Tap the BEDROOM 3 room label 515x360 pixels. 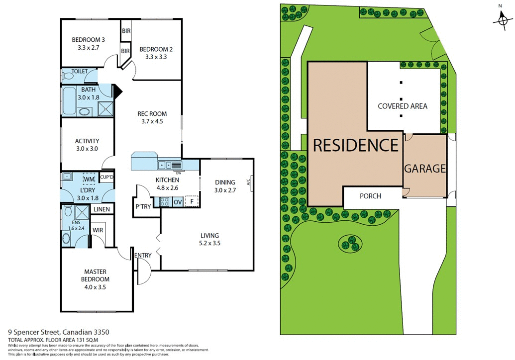pos(88,40)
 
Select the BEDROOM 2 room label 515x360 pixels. pos(156,49)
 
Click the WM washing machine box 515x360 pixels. pos(89,179)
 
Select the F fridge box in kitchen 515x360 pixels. pos(191,201)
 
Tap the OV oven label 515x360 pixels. pos(177,201)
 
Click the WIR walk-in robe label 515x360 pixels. pos(98,230)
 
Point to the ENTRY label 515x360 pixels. pos(143,256)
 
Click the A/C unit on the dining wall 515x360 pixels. pos(249,182)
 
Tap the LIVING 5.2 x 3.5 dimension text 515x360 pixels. pos(209,243)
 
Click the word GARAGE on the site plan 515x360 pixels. pos(424,169)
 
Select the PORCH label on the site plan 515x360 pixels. pos(370,196)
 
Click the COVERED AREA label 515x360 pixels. pos(402,106)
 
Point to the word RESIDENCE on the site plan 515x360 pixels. pos(355,145)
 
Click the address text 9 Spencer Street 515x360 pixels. pos(34,332)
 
